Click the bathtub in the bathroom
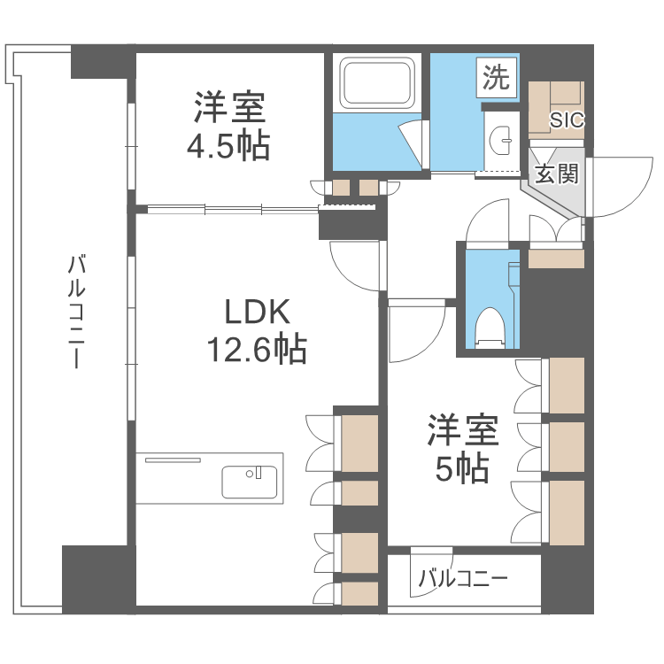tap(378, 83)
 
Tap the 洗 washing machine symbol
tap(496, 79)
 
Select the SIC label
tap(567, 120)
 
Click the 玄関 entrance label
tap(557, 174)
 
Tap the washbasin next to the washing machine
tap(502, 137)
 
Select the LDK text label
tap(257, 312)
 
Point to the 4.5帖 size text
tap(228, 146)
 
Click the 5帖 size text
tap(461, 469)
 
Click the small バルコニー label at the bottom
tap(462, 580)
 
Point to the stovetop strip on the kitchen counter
tap(174, 460)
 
